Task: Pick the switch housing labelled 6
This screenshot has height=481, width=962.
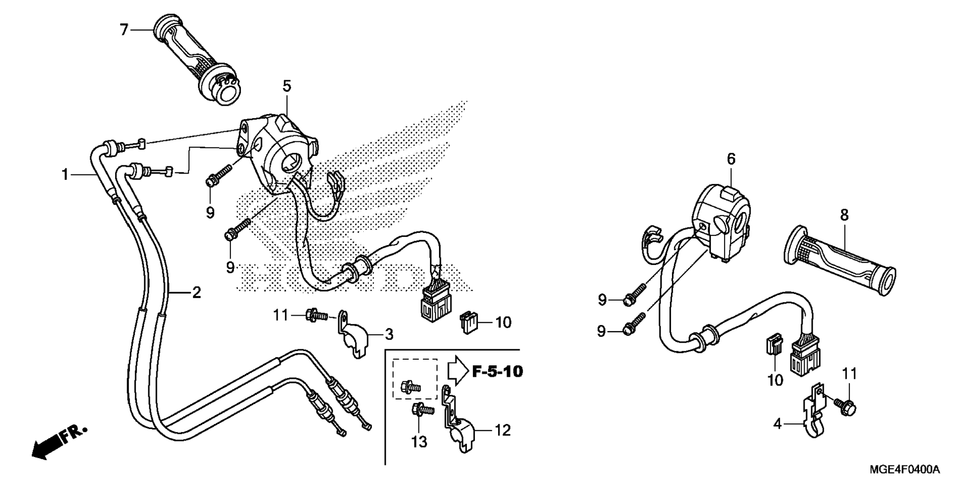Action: [x=721, y=221]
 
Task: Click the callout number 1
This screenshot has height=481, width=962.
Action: [x=65, y=174]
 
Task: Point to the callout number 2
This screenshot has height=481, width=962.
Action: [x=196, y=292]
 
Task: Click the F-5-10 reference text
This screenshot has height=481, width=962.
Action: [x=497, y=371]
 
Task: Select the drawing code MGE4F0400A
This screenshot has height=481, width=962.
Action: [x=905, y=469]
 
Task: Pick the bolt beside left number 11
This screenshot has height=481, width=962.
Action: [x=316, y=315]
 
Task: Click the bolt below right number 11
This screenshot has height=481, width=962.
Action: [x=845, y=404]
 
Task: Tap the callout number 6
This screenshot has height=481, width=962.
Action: [x=731, y=159]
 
